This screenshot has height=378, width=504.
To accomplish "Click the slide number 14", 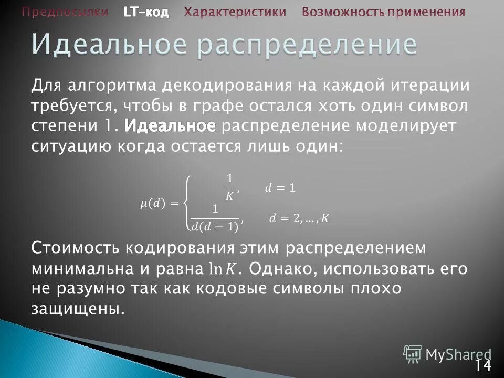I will point(484,365).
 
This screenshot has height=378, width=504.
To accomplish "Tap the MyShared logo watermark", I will point(447,354).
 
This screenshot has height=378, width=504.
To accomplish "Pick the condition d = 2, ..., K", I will point(299,218).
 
